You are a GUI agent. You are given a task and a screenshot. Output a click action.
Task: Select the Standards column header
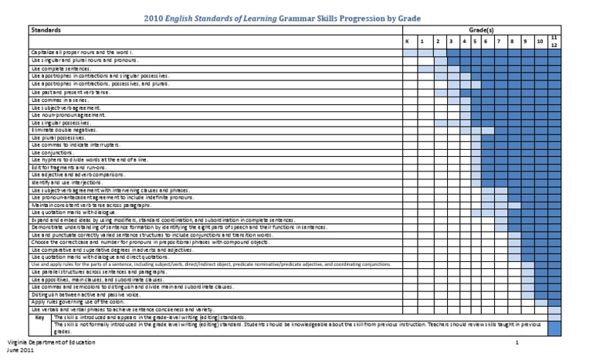coord(47,29)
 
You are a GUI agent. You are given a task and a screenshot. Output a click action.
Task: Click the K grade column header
coord(408,41)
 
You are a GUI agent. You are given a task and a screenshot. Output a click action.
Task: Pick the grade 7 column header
coord(500,41)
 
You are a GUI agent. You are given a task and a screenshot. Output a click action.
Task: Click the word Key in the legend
coord(40,317)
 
